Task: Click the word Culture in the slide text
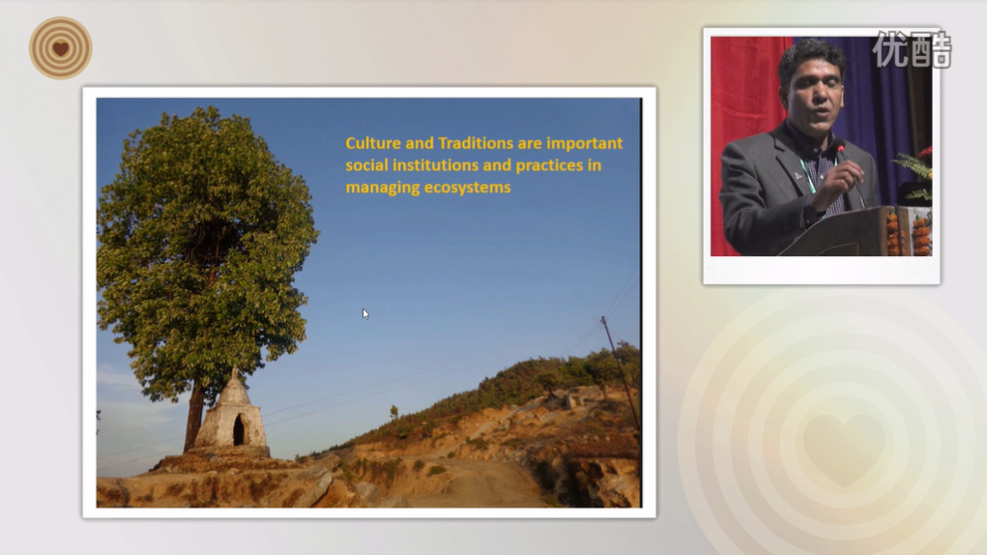[372, 143]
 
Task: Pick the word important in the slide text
[584, 143]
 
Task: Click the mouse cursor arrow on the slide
[365, 314]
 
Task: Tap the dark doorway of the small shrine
[239, 431]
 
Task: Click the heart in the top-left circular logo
[61, 48]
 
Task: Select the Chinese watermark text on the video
[913, 49]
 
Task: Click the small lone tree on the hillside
[394, 414]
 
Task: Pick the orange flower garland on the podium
[892, 234]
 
